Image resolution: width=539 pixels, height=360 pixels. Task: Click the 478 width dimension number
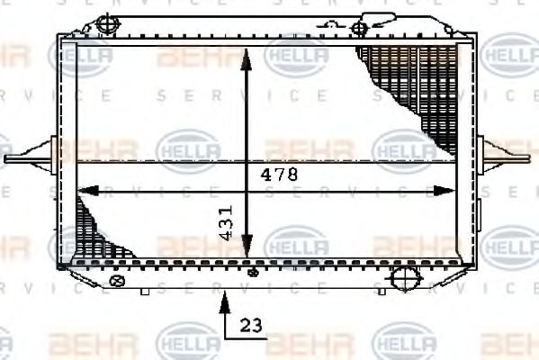click(x=280, y=175)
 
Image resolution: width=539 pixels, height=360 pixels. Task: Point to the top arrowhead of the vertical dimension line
click(x=246, y=56)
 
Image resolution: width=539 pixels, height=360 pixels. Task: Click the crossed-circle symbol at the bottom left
click(x=115, y=281)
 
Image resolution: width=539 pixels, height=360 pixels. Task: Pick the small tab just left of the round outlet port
click(x=383, y=289)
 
